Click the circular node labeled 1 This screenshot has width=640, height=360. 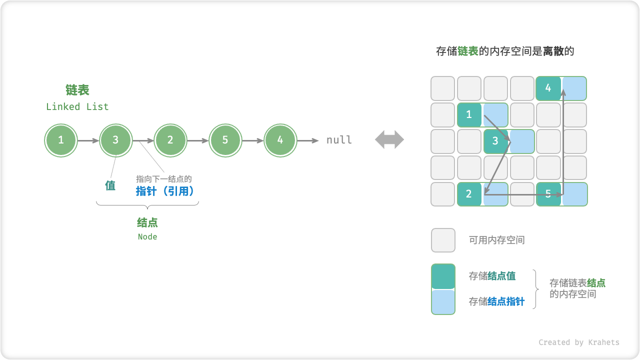coord(60,140)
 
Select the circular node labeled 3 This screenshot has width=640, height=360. coord(115,140)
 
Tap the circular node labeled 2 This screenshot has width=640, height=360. coord(170,140)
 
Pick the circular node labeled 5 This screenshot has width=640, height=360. coord(225,140)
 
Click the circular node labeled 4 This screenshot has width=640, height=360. coord(280,140)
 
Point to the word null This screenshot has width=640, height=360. coord(339,140)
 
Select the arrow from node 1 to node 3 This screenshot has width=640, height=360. coord(88,140)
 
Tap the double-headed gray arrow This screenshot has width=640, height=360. coord(389,140)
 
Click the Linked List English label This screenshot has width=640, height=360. coord(77,106)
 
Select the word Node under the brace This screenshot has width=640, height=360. coord(147,237)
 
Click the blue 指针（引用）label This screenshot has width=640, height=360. coord(165,190)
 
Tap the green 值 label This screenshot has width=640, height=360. coord(110,185)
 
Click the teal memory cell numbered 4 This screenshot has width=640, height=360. coord(548,88)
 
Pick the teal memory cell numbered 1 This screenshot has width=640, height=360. coord(469,114)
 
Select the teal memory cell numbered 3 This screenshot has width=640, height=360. coord(495,141)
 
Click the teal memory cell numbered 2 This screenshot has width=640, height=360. coord(469,194)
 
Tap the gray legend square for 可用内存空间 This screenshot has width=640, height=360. coord(443,240)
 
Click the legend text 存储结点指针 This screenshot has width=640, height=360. coord(496,301)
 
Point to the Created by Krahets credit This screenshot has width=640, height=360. coord(578,342)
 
